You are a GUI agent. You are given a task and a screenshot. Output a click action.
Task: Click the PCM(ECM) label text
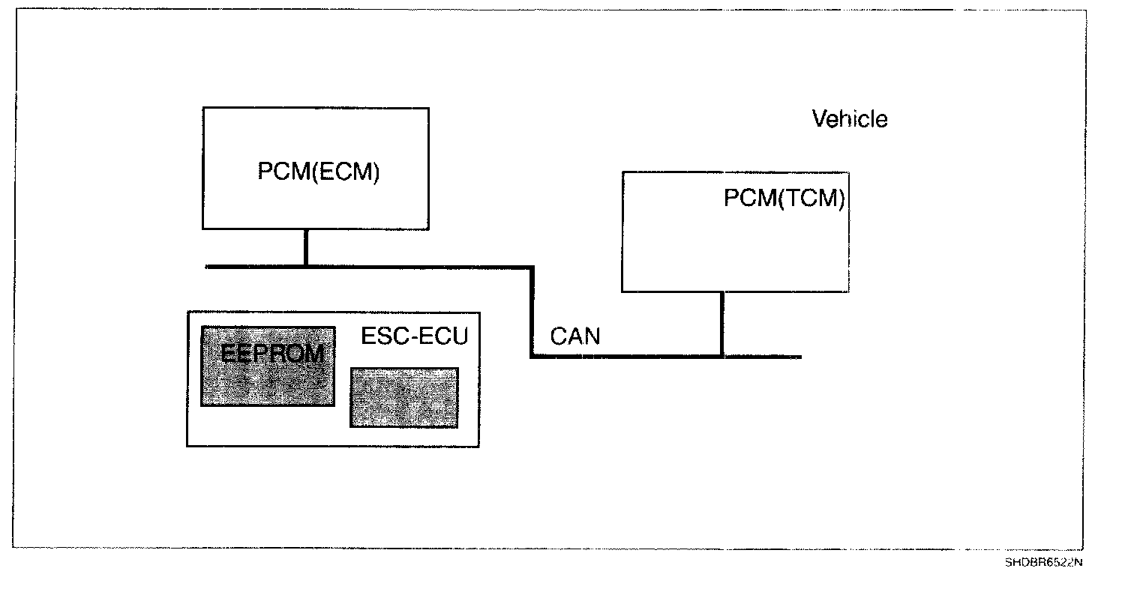[319, 172]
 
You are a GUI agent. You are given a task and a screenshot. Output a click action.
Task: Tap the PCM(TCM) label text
[784, 199]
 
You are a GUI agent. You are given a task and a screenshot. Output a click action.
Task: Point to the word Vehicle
[850, 118]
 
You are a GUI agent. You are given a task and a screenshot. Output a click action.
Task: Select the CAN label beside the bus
[575, 336]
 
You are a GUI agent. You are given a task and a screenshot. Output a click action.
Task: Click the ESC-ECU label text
[414, 336]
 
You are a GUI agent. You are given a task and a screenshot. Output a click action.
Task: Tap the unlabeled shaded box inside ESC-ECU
[403, 397]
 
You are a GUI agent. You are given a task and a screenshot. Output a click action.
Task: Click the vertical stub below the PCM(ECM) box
[305, 247]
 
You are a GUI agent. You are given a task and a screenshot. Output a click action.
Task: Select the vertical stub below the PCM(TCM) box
[721, 324]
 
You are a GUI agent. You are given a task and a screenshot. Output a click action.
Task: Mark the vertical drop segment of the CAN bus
[532, 311]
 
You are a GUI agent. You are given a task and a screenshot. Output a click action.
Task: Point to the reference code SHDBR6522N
[1044, 561]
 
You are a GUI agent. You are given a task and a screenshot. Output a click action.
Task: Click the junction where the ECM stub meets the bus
[305, 266]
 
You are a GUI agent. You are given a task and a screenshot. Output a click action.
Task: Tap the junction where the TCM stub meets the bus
[721, 356]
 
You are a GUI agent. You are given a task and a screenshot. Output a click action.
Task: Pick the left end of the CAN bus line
[208, 266]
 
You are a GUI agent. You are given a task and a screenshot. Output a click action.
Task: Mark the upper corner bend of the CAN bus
[532, 267]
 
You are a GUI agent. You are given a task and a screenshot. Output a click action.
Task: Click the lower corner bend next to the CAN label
[532, 356]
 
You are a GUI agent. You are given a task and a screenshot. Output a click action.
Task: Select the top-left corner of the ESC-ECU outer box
[187, 312]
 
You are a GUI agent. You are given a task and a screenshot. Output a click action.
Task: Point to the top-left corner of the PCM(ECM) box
[203, 108]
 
